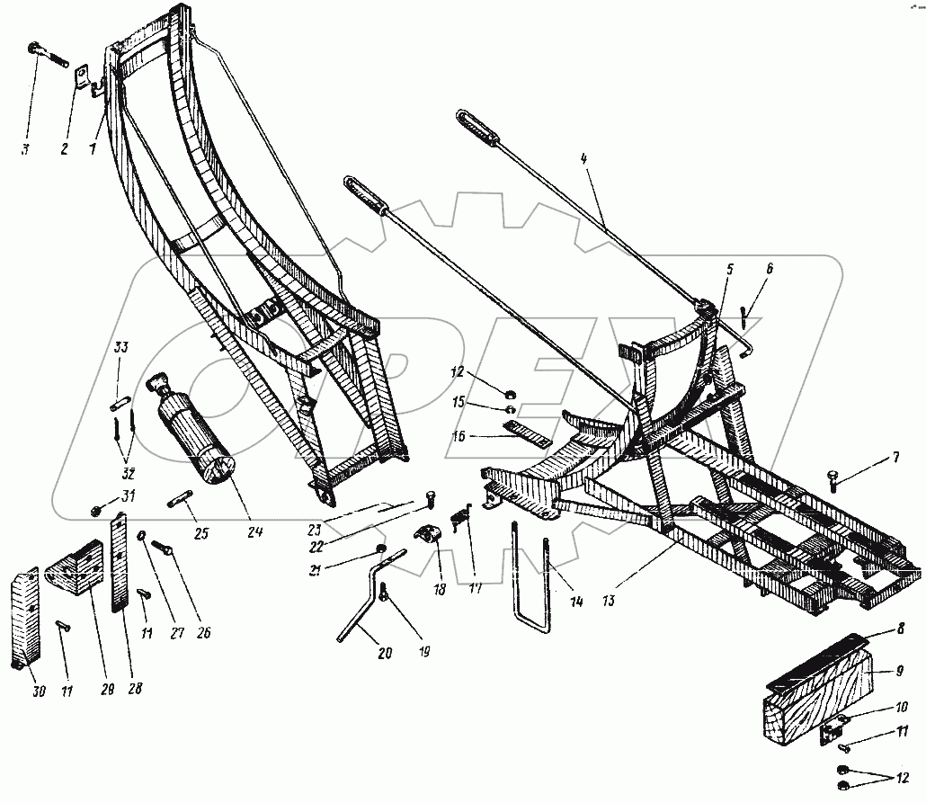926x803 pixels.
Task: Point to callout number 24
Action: pyautogui.click(x=255, y=532)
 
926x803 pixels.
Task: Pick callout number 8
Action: pyautogui.click(x=900, y=630)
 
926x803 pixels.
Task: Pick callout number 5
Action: pyautogui.click(x=729, y=268)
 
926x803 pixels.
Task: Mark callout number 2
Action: pyautogui.click(x=65, y=149)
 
